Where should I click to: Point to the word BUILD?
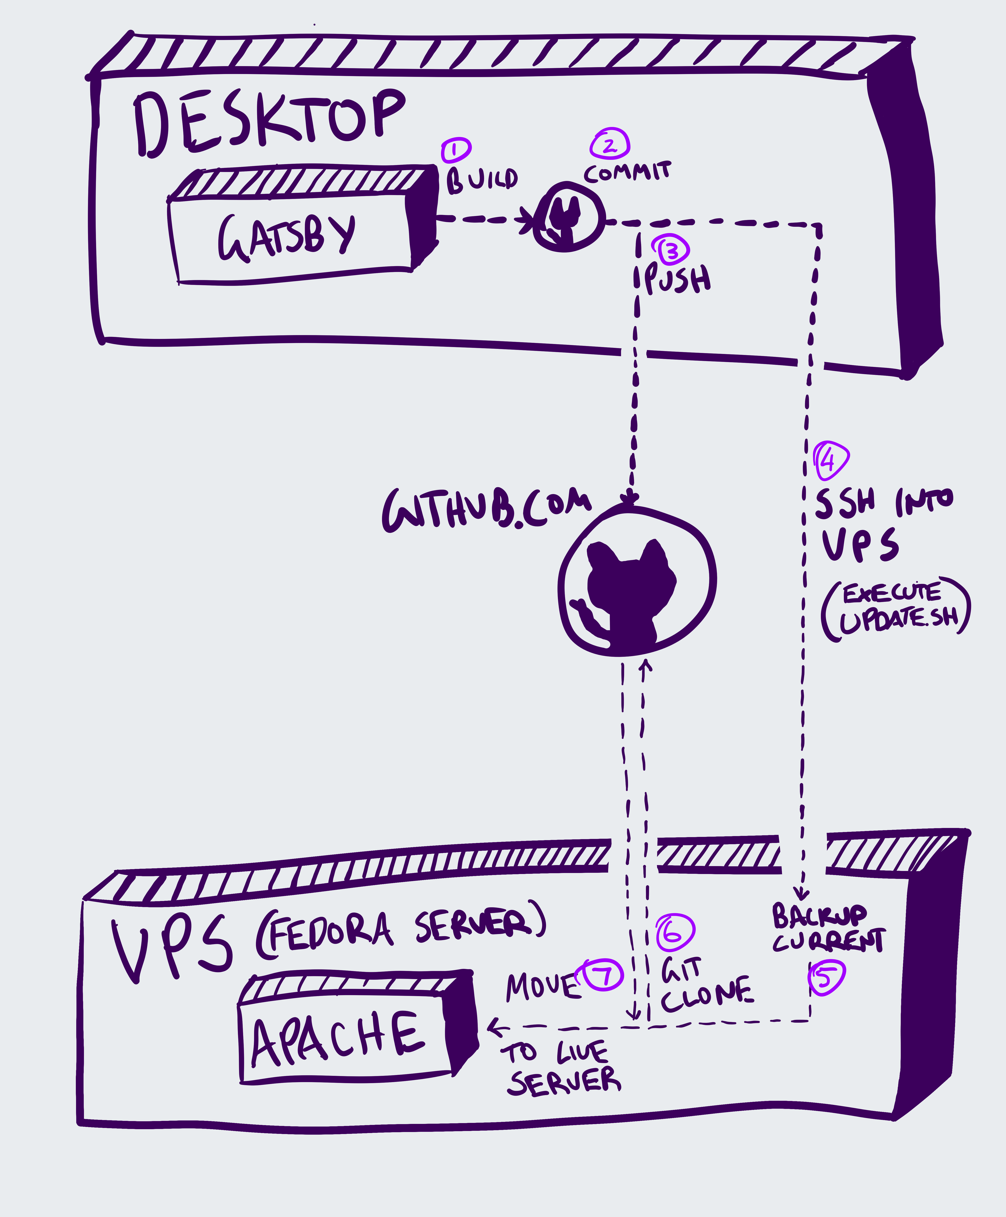(x=482, y=180)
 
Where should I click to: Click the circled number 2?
(x=610, y=144)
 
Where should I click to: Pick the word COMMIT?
(x=627, y=172)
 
